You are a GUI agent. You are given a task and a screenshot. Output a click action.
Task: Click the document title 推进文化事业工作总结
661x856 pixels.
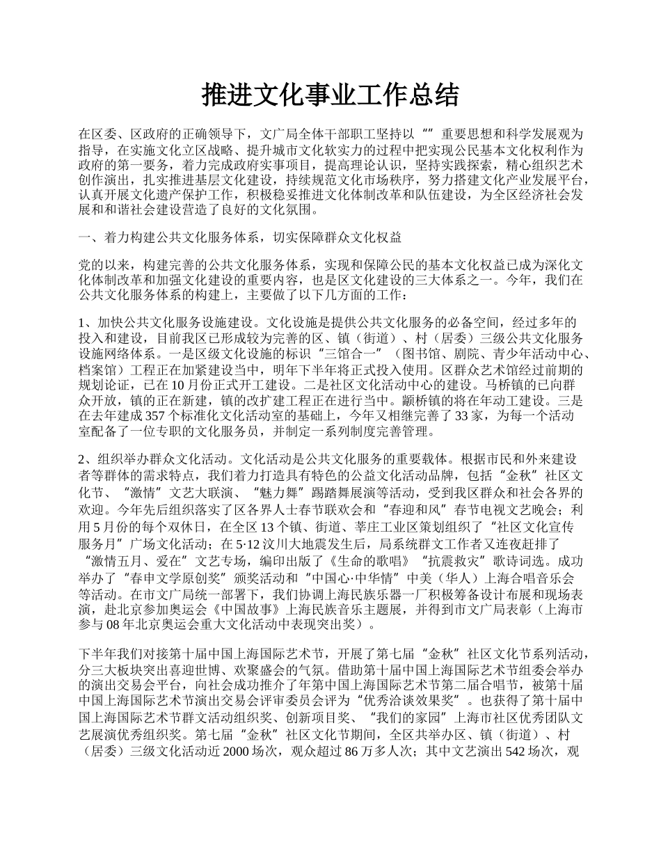[330, 95]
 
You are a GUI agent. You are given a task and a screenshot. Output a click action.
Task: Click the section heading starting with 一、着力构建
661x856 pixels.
[240, 238]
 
